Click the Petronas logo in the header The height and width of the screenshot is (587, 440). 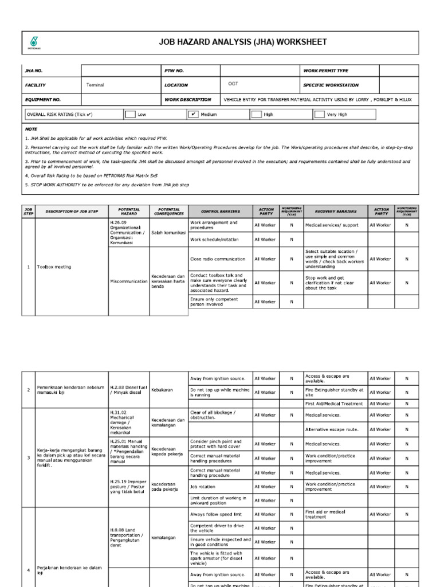pyautogui.click(x=35, y=42)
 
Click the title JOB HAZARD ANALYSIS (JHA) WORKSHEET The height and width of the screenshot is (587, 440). pyautogui.click(x=243, y=42)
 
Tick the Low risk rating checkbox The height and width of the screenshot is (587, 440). pyautogui.click(x=131, y=114)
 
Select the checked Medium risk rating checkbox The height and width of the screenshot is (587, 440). pyautogui.click(x=194, y=114)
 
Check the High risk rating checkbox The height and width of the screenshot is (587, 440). pyautogui.click(x=256, y=114)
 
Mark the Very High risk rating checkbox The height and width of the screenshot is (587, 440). pyautogui.click(x=319, y=114)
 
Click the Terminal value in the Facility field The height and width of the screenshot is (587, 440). pyautogui.click(x=95, y=85)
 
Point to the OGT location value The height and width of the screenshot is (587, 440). pyautogui.click(x=233, y=84)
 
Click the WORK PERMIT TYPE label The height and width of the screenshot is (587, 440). pyautogui.click(x=325, y=71)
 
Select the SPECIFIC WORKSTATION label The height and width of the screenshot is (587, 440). pyautogui.click(x=331, y=85)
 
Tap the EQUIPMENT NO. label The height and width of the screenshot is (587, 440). pyautogui.click(x=43, y=99)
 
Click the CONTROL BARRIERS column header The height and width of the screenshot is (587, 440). pyautogui.click(x=221, y=212)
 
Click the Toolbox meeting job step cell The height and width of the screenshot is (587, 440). pyautogui.click(x=54, y=267)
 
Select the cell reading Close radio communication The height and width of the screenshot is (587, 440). pyautogui.click(x=217, y=259)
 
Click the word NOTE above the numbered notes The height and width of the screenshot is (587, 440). pyautogui.click(x=31, y=129)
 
